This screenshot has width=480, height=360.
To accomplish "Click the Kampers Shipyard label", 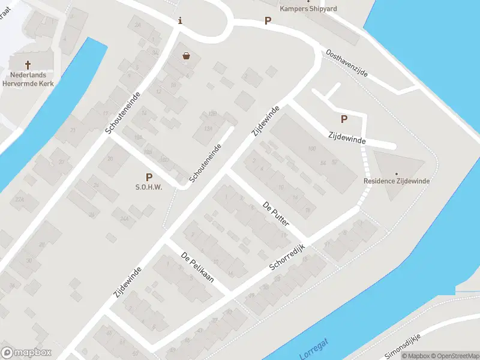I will point(308,8).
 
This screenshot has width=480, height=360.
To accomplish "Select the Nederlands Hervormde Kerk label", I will point(28,79).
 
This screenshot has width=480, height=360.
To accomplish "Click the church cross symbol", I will point(28,64).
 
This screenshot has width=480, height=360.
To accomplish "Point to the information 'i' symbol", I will point(180,21).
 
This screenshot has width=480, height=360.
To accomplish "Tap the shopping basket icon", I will point(186,56).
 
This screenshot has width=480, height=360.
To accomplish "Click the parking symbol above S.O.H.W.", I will point(149,176).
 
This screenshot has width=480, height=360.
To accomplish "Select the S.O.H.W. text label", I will point(149,187).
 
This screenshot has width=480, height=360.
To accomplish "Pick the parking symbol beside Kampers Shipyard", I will point(268,21).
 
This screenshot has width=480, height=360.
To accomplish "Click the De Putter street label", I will point(276,214).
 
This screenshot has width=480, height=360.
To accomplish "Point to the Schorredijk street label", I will point(288,257).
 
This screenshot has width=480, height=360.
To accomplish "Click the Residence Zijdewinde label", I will point(397,181).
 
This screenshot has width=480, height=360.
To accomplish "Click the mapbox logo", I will point(26,352).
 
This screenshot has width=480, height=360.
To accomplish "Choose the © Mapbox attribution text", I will point(416,356).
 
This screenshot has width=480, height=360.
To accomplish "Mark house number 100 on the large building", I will point(311,148).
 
